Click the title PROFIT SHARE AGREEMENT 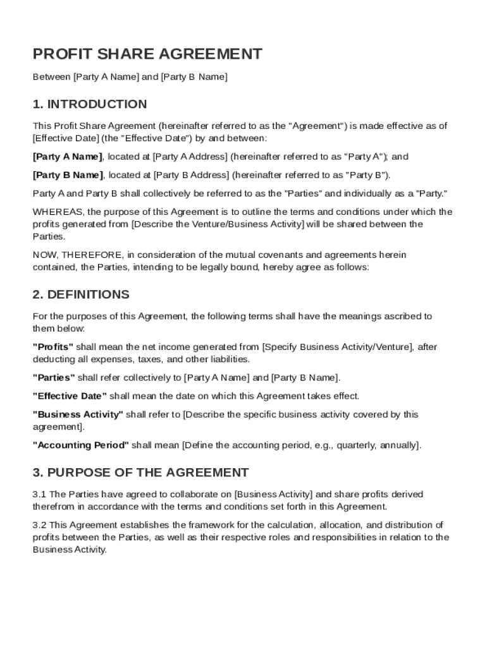coord(147,54)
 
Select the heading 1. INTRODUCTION coord(90,104)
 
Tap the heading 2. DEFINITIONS coord(81,294)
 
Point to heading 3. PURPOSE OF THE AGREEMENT coord(140,473)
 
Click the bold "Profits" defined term coord(53,347)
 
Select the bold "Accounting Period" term coord(80,445)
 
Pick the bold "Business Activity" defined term coord(78,415)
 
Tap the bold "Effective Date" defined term coord(70,396)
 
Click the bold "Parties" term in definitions coord(54,378)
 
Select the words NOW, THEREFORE coord(78,255)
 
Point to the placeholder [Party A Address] coord(190,157)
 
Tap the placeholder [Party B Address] coord(190,175)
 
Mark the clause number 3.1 coord(39,494)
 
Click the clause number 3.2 coord(39,525)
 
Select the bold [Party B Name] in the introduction coord(67,175)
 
